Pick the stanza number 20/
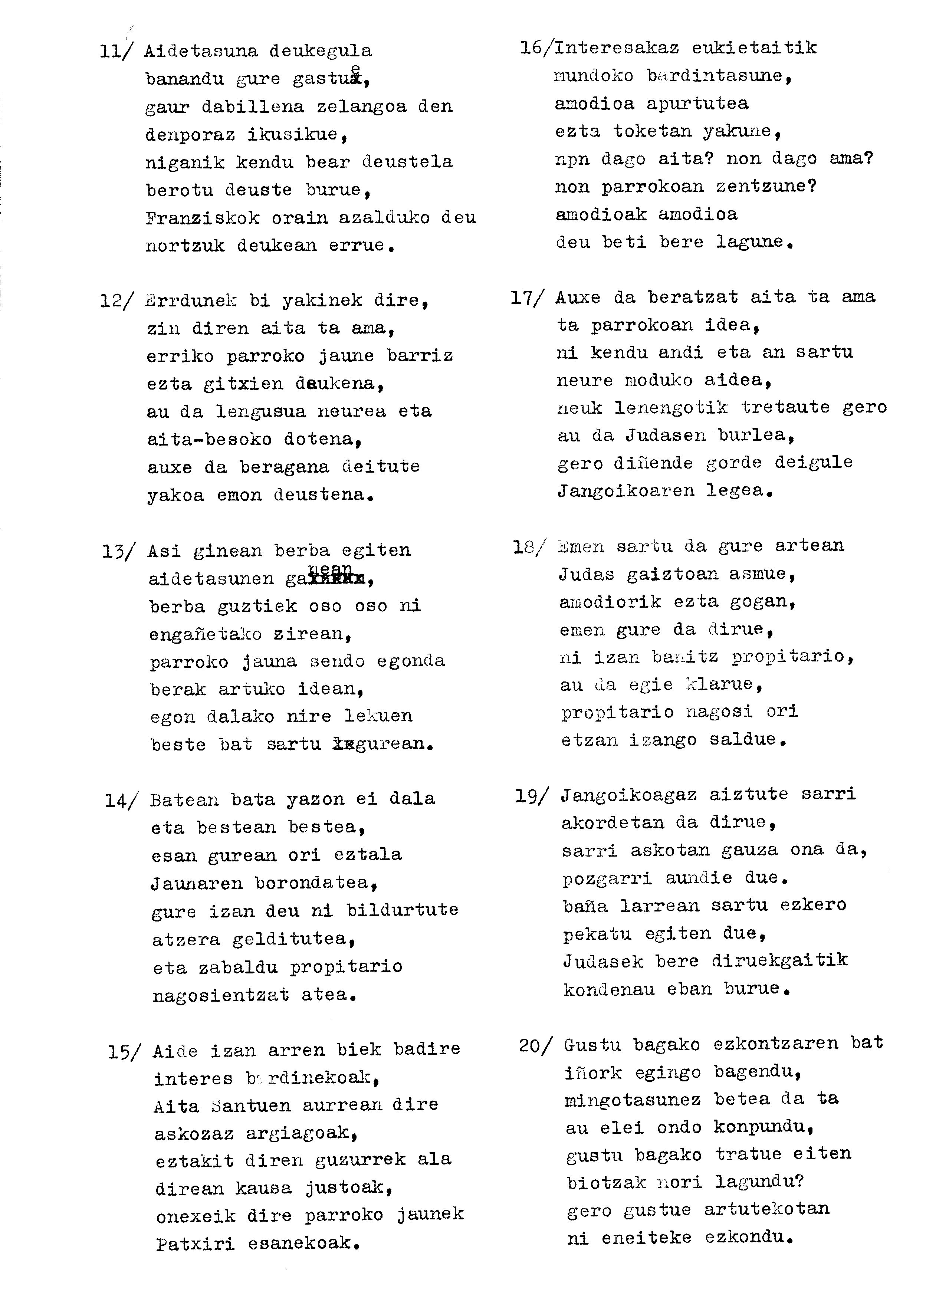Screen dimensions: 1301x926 click(535, 1045)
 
